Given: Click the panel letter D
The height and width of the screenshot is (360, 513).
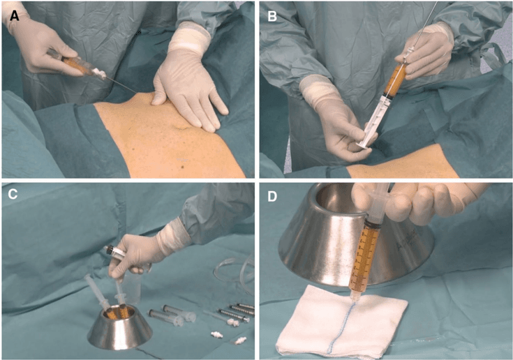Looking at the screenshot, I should (x=272, y=195).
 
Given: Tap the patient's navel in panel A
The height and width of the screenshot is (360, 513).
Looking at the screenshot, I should (x=180, y=125).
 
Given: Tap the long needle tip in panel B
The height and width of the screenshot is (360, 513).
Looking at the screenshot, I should (x=438, y=3).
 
